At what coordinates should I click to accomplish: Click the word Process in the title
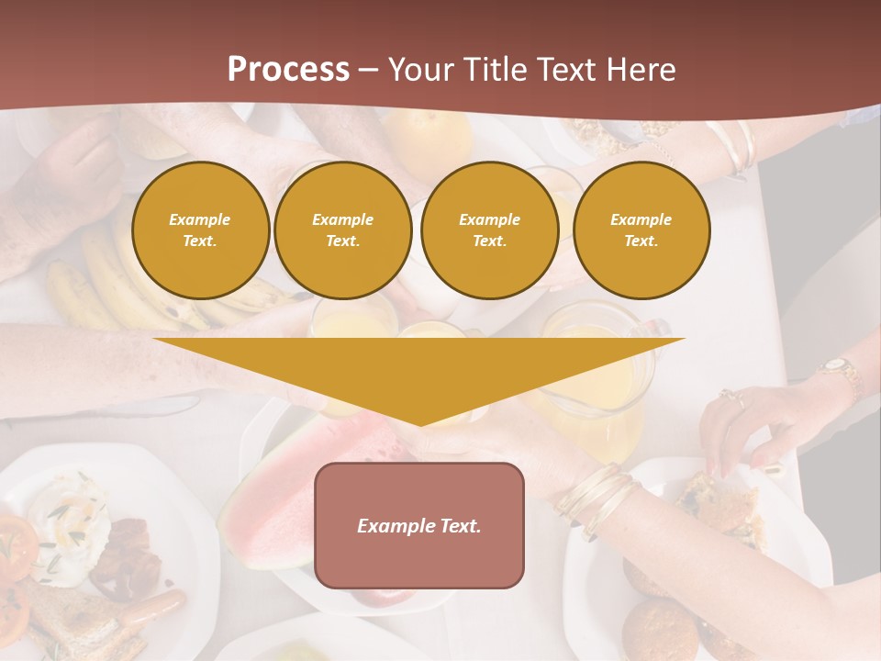pyautogui.click(x=288, y=70)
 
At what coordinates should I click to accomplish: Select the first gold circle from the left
pyautogui.click(x=200, y=230)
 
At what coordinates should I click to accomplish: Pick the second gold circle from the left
pyautogui.click(x=342, y=230)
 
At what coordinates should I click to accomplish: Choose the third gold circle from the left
pyautogui.click(x=489, y=230)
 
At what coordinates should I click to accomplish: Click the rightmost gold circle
pyautogui.click(x=641, y=230)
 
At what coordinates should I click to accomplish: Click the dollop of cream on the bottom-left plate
pyautogui.click(x=69, y=523)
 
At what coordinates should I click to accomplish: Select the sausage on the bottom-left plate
pyautogui.click(x=151, y=611)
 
